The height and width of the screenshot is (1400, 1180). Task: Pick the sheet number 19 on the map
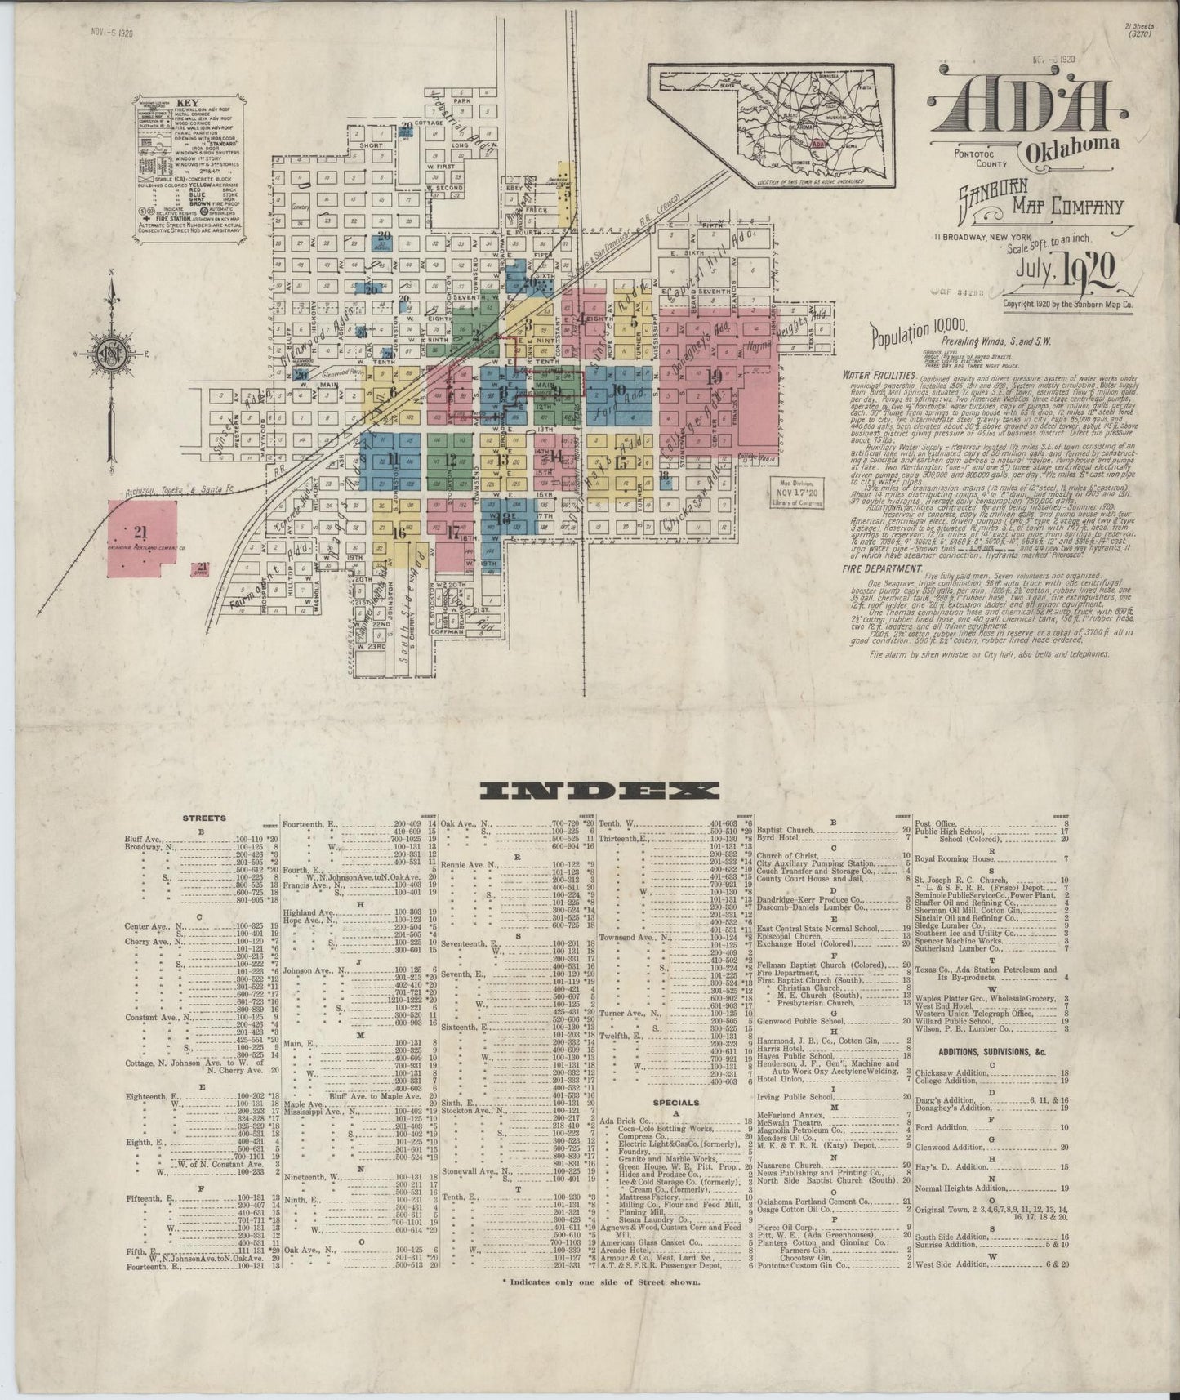click(x=715, y=377)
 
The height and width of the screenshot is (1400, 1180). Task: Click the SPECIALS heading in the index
click(x=675, y=1103)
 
